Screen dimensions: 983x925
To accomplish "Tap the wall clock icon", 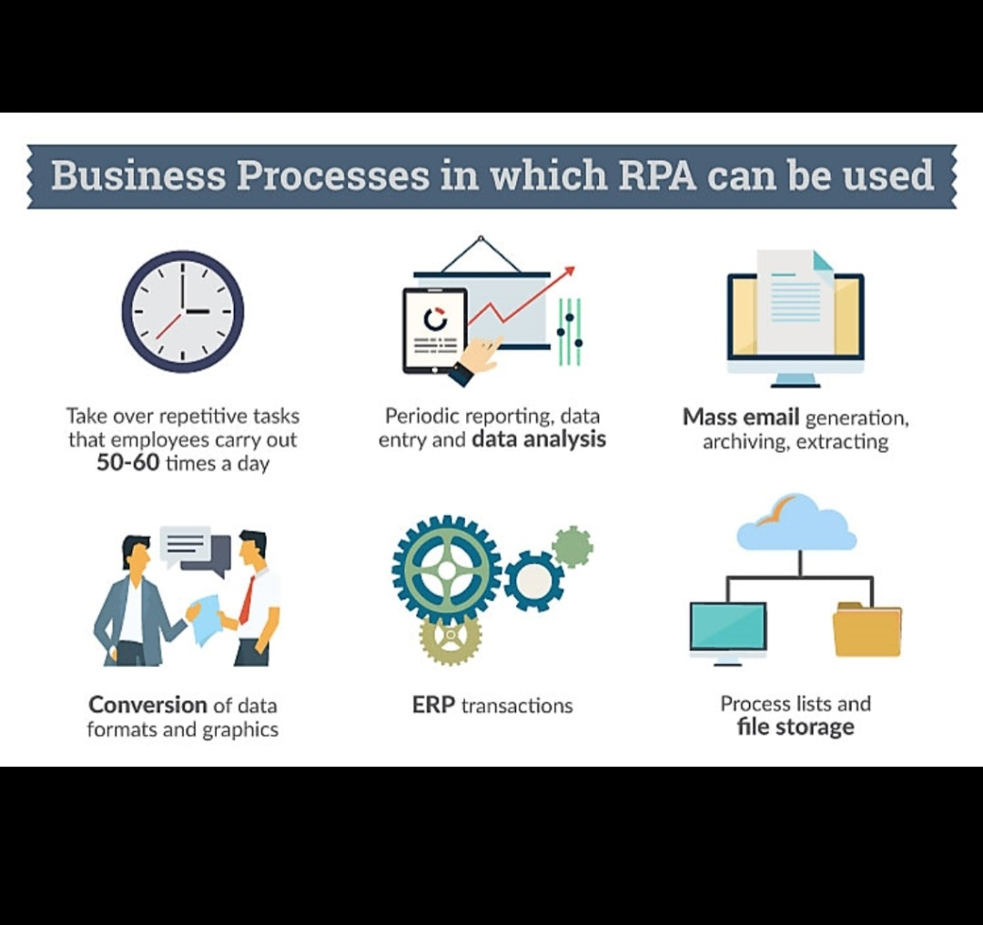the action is click(x=183, y=311).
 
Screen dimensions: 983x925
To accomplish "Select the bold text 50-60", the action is click(x=128, y=463).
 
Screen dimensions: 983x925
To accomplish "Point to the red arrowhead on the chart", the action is click(x=569, y=271).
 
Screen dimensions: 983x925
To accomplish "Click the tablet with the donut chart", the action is click(x=434, y=330).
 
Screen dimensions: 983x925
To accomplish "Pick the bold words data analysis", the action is click(x=539, y=440).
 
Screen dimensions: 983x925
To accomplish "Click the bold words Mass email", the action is click(x=741, y=417).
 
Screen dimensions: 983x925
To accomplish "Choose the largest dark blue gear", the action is click(x=447, y=570).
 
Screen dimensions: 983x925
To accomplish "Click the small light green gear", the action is click(x=573, y=547).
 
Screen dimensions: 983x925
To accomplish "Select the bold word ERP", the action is click(x=433, y=705).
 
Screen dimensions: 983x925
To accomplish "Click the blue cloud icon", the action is click(x=796, y=524).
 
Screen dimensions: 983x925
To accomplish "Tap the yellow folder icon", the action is click(x=866, y=629).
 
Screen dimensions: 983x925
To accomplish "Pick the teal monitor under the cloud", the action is click(x=727, y=628).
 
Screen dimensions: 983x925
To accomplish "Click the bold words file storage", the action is click(x=796, y=728).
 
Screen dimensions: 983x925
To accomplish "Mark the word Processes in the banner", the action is click(x=333, y=175).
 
